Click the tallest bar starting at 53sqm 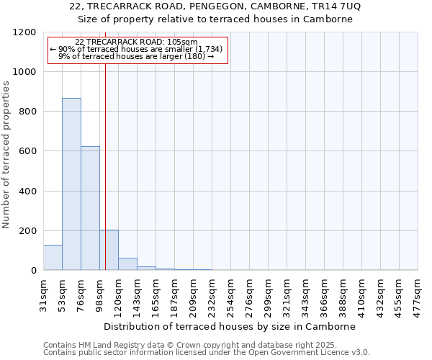(x=71, y=184)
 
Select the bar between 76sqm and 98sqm (x=90, y=208)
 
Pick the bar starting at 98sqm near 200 (x=109, y=250)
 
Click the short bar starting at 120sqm (x=127, y=264)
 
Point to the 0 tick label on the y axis (x=33, y=271)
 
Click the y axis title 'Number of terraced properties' (x=6, y=155)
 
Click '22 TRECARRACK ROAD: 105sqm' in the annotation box (x=136, y=42)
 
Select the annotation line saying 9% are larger (x=136, y=55)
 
